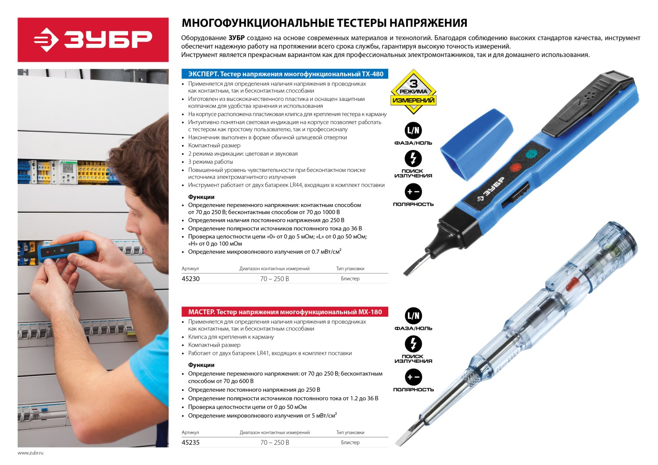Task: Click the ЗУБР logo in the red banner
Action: (93, 40)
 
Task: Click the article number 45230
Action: (190, 279)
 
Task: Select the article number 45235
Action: (190, 443)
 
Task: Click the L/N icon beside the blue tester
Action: (413, 130)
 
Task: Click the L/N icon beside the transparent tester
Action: (413, 316)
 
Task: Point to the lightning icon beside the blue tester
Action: (413, 158)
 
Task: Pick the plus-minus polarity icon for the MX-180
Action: (413, 377)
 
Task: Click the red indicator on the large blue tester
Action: (515, 168)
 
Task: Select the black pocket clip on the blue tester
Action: (588, 103)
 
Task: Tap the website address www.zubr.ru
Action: (30, 453)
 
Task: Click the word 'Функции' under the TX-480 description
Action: (201, 197)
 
